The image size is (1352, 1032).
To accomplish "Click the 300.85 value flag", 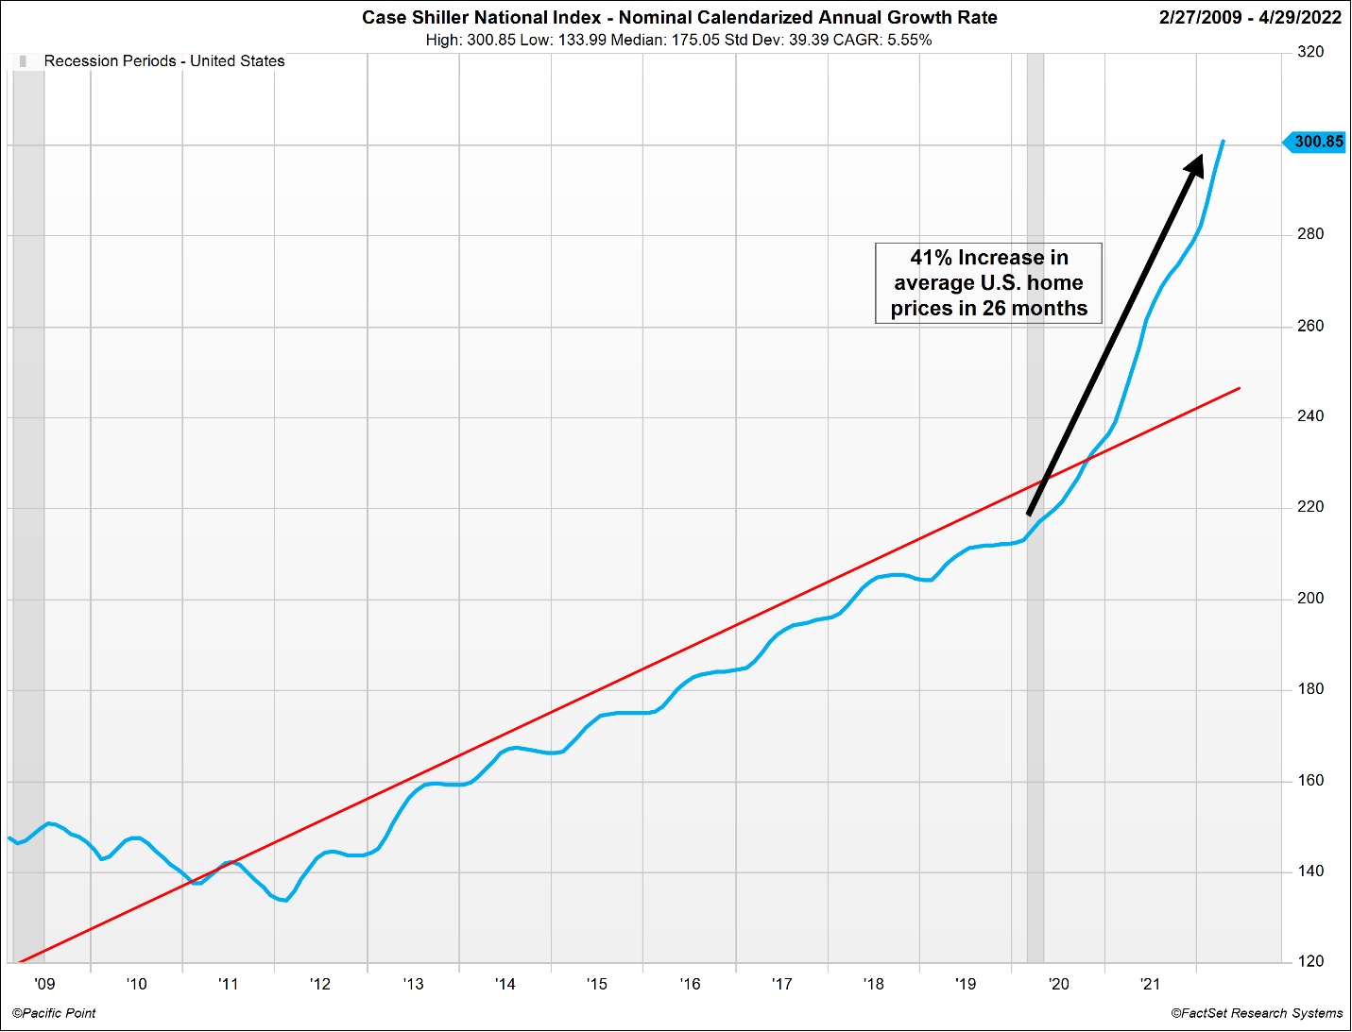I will [x=1315, y=142].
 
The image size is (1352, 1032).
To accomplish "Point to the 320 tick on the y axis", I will [x=1310, y=52].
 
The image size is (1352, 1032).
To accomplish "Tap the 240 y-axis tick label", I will [x=1310, y=416].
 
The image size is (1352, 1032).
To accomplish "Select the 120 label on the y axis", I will [x=1310, y=962].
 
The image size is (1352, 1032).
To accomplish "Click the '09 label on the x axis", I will [x=44, y=984].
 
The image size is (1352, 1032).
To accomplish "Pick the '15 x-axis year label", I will [x=597, y=984].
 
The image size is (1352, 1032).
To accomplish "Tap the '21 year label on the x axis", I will [x=1151, y=984].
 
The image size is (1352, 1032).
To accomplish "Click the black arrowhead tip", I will [x=1201, y=157].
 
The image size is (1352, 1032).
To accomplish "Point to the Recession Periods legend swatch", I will [x=23, y=61].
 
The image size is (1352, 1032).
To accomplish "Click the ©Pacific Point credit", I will [x=55, y=1013].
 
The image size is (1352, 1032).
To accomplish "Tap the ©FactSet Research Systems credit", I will [x=1257, y=1013].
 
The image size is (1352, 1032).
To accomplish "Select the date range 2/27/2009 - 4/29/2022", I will [x=1250, y=17].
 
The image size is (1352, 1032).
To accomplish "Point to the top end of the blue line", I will [x=1224, y=142].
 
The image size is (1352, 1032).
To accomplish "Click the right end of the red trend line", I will [x=1239, y=388].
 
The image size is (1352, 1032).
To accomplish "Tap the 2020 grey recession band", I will [x=1035, y=661].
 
